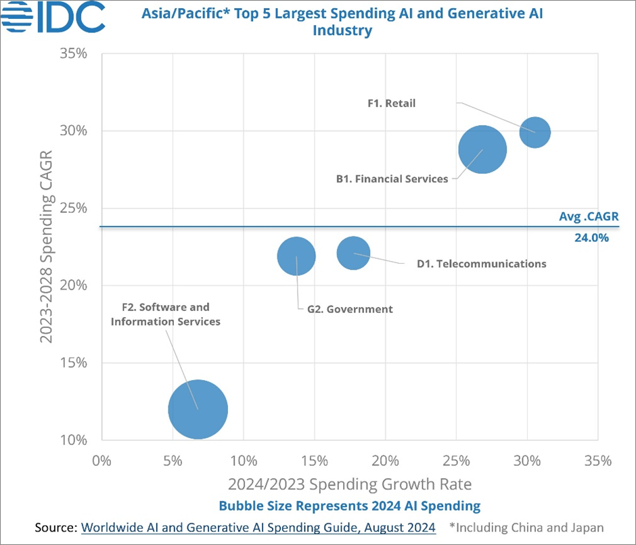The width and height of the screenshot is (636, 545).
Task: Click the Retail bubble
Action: [535, 133]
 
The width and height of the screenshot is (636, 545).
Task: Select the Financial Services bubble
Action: [482, 150]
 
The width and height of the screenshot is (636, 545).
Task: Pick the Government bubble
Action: [296, 256]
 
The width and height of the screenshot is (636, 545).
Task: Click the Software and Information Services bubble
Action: [198, 409]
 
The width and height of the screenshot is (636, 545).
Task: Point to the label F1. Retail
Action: [391, 103]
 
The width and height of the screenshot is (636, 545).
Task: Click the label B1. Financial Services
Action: [392, 179]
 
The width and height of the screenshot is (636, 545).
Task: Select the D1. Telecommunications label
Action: [481, 264]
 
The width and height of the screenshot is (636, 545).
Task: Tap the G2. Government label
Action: [345, 309]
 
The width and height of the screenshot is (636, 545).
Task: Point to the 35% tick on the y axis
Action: [75, 53]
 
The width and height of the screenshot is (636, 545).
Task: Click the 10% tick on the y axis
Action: [75, 440]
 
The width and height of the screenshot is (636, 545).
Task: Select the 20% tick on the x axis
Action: [385, 462]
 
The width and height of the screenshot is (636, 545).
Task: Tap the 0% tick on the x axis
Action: [101, 462]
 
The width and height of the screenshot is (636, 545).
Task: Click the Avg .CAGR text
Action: [589, 217]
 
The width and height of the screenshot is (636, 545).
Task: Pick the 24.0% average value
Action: [592, 237]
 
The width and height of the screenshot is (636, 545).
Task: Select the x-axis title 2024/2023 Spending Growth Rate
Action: [349, 484]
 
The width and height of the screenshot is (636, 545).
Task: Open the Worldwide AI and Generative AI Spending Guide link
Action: [258, 528]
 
